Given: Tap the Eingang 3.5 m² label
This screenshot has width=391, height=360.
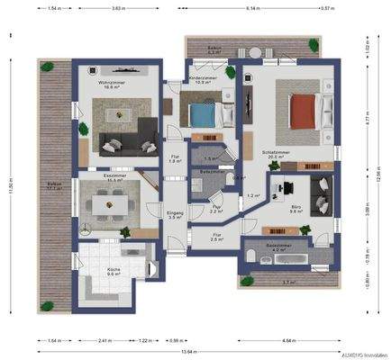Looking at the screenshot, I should click(176, 214).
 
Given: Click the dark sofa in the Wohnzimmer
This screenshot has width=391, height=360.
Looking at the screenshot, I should click(123, 141).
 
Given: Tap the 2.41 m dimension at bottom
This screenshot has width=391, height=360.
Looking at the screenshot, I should click(105, 342).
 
